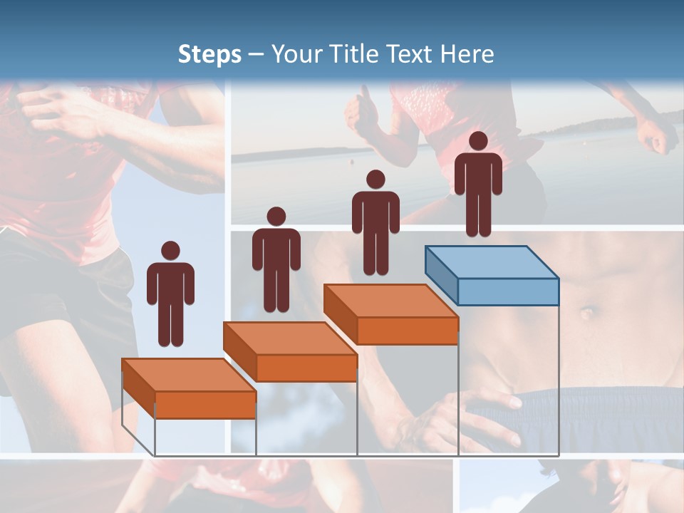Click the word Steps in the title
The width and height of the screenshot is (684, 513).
[x=209, y=55]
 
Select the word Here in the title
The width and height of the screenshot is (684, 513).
[x=467, y=54]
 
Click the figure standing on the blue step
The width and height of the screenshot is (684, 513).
[x=478, y=184]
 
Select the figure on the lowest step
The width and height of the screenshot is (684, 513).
[x=170, y=294]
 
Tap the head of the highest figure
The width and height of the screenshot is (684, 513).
[x=478, y=141]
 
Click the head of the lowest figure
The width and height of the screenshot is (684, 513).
[x=170, y=250]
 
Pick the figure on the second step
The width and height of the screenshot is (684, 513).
[x=276, y=259]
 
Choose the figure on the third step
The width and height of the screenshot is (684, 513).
[x=375, y=222]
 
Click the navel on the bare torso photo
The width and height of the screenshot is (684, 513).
[x=587, y=312]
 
